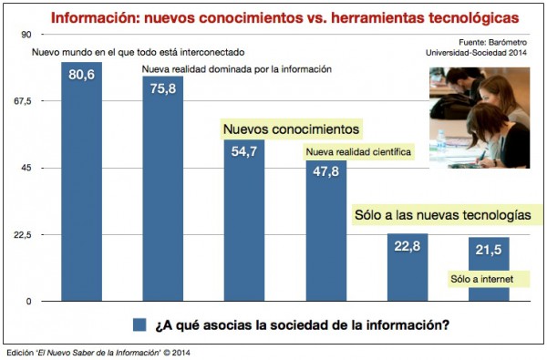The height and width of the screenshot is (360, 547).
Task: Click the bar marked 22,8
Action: point(407,268)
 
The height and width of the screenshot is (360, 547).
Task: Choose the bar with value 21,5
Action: point(489,270)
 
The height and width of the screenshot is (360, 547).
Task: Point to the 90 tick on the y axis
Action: point(25,34)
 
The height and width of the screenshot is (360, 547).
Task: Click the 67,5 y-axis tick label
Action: point(22,101)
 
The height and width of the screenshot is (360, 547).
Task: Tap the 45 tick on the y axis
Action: point(25,168)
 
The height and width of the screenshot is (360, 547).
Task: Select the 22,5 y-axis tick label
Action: point(22,235)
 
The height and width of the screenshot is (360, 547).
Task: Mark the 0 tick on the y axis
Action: point(27,302)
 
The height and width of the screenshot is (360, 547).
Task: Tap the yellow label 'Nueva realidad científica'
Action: point(359,151)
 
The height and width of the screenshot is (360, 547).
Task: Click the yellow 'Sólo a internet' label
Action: point(482,278)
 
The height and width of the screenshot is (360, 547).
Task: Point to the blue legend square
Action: point(139,324)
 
